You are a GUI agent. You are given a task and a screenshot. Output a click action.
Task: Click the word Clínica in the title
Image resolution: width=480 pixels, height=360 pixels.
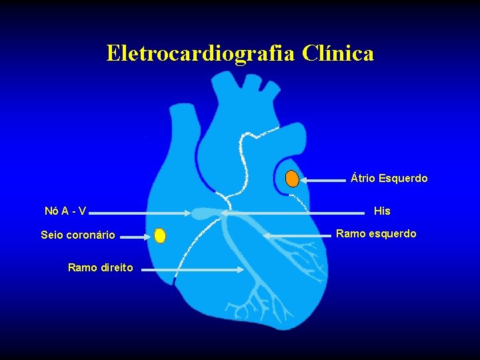click(x=337, y=53)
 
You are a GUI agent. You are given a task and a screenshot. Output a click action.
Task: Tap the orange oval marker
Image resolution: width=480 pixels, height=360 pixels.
click(x=292, y=179)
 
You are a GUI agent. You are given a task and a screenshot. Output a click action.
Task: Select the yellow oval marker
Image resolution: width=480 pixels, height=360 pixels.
click(x=159, y=235)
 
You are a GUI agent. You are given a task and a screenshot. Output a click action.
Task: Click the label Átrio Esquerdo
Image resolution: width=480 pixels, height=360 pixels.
click(x=389, y=179)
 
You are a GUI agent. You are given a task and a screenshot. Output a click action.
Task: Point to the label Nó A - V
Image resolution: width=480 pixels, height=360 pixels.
click(x=65, y=211)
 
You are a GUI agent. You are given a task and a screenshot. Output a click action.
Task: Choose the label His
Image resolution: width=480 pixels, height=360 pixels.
click(x=382, y=211)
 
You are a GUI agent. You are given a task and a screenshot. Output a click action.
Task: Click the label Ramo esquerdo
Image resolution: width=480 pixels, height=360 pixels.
click(x=376, y=234)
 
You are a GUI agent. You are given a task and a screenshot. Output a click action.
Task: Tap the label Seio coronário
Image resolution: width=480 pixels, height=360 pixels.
click(x=78, y=235)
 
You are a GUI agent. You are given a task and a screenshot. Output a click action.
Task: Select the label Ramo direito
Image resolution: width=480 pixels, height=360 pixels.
click(x=101, y=268)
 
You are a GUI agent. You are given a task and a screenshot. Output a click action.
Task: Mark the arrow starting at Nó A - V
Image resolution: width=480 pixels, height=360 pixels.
click(x=140, y=213)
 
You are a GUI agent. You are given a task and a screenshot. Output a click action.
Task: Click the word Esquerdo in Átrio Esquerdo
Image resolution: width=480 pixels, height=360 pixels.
click(x=403, y=179)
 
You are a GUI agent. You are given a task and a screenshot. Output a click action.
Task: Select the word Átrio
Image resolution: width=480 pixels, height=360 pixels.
click(x=363, y=179)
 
